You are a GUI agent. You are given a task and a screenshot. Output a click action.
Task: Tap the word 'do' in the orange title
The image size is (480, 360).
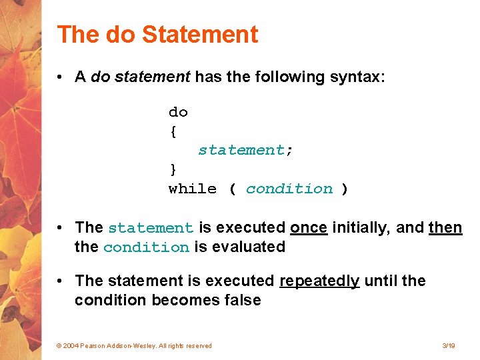120,35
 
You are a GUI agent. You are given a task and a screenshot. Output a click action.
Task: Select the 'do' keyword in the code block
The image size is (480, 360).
178,112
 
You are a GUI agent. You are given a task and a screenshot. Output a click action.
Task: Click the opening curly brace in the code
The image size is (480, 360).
173,131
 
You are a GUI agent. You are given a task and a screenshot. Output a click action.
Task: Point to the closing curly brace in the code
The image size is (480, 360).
173,169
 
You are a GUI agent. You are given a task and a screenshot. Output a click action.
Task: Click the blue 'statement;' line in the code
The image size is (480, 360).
245,151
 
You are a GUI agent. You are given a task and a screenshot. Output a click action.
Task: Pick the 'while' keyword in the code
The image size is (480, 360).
193,189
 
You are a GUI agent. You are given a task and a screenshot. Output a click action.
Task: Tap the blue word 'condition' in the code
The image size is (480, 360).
289,189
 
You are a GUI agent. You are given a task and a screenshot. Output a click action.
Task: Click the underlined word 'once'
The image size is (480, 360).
309,227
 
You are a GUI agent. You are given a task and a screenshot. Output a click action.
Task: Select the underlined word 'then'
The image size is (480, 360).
445,227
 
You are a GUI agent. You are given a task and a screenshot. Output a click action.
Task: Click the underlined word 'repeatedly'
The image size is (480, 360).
319,281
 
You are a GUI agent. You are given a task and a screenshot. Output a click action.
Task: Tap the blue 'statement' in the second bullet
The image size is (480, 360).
151,228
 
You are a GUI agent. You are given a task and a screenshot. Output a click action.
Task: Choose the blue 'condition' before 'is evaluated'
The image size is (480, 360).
147,247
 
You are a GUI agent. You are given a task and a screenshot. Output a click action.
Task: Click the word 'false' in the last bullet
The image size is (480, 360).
242,300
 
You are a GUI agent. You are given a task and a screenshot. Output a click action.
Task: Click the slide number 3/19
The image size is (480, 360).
449,345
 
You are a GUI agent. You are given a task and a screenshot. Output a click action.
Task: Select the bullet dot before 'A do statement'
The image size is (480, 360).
60,77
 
